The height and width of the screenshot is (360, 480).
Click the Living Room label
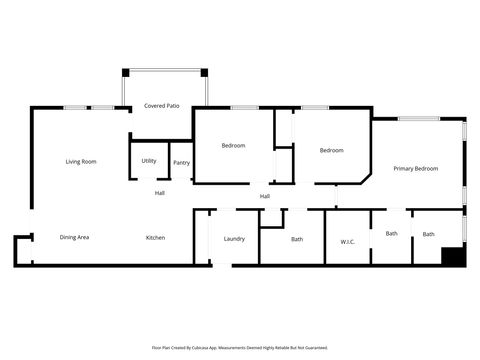coord(81,161)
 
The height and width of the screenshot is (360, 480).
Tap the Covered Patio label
coord(161,105)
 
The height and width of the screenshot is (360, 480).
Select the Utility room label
coord(148,160)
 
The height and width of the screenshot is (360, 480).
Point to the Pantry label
coord(181,162)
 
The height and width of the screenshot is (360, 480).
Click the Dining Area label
coord(75,237)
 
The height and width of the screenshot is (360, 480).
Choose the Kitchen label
coord(155,237)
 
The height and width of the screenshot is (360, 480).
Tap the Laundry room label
coord(234,238)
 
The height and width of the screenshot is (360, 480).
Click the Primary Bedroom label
coord(415,168)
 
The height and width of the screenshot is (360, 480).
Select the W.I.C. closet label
coord(348,241)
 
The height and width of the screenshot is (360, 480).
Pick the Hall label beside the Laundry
coord(264,196)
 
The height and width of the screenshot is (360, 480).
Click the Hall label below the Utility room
coord(159,192)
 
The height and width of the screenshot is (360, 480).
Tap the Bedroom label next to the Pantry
coord(233,145)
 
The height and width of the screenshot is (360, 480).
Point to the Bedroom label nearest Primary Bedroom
coord(331,150)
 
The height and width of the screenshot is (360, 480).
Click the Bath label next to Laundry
coord(297,239)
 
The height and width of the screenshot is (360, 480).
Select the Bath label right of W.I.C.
coord(391,233)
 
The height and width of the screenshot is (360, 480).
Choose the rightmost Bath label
coord(428,234)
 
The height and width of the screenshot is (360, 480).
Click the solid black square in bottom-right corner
coord(453,256)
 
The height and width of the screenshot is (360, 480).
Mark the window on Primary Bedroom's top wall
coord(419,119)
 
